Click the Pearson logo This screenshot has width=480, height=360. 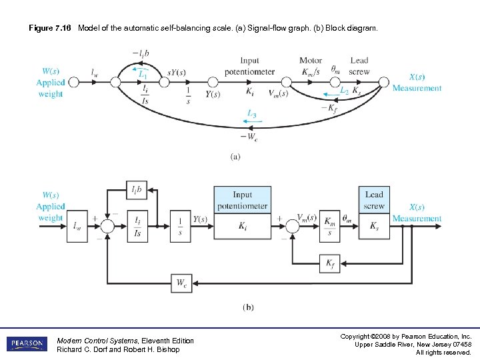(x=27, y=344)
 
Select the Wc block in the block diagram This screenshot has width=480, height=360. (x=181, y=283)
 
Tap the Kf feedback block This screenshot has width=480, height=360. (x=331, y=265)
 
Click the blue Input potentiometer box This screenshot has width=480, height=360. (x=242, y=199)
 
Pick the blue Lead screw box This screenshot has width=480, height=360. (x=374, y=199)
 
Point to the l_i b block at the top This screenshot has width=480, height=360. (x=137, y=191)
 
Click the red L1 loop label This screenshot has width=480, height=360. (x=143, y=75)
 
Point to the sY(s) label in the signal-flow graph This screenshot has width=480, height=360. (x=176, y=73)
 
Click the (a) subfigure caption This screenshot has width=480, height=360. (x=235, y=157)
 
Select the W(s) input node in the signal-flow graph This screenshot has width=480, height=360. (x=74, y=82)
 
